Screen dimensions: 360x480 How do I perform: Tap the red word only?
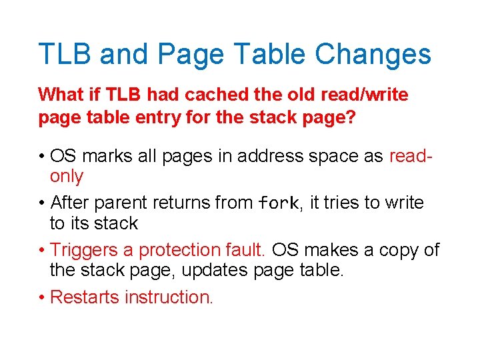(67, 177)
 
